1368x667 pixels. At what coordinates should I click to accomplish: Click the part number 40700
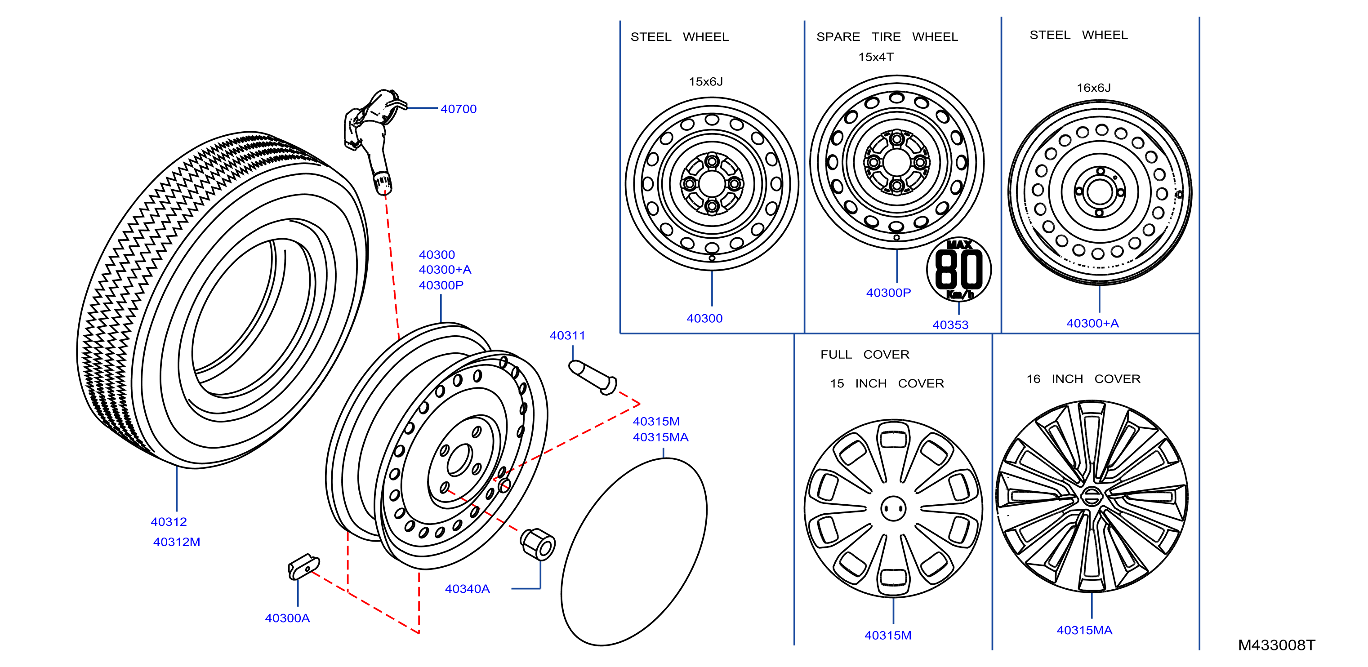coord(458,109)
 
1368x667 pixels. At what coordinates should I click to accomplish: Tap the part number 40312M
coord(176,542)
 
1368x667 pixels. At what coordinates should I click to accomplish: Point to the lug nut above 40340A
coord(537,544)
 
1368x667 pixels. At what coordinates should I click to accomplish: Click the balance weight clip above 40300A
coord(304,567)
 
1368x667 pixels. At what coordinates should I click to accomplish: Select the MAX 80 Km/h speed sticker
coord(959,269)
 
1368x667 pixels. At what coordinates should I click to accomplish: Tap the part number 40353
coord(951,325)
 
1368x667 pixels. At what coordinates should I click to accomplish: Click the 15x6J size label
coord(706,82)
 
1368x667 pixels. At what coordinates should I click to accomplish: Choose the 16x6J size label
coord(1093,88)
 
